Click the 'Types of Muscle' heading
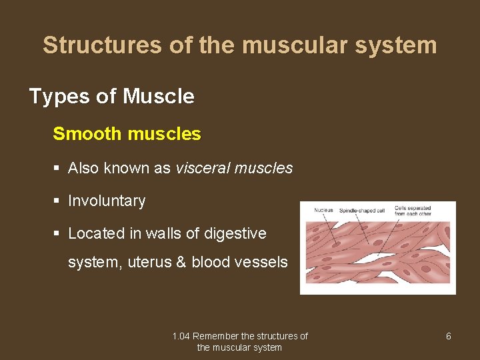tap(112, 97)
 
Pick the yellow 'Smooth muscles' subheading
tap(127, 134)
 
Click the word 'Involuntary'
tap(107, 201)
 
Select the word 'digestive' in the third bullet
tap(235, 233)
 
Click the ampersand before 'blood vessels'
tap(181, 262)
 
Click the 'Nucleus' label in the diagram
tap(324, 211)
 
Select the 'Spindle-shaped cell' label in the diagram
tap(362, 211)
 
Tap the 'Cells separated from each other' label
tap(413, 211)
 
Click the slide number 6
tap(448, 336)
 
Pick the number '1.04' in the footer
tap(181, 336)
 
